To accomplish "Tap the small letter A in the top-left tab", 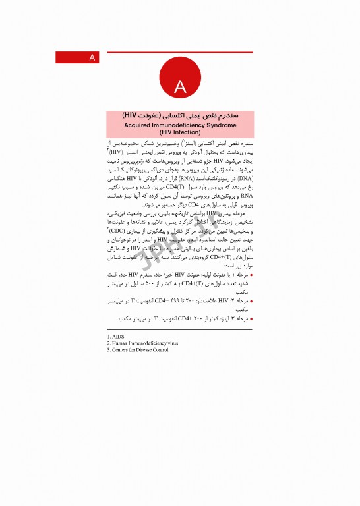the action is point(92,58).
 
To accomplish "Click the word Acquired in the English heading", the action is point(142,123).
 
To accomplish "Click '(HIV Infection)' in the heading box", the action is point(180,131).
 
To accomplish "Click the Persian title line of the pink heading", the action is point(180,114).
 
